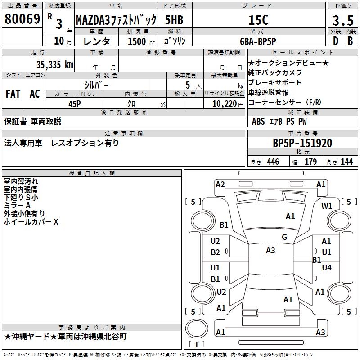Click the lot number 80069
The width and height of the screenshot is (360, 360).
coord(22,19)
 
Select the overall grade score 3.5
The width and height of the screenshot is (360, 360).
coord(342,20)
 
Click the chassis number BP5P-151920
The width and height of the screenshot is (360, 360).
coord(302,143)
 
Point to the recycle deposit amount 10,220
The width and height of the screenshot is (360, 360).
coord(224,104)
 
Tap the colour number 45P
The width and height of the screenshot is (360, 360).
coord(75,104)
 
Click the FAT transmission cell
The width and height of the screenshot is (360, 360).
coord(13,94)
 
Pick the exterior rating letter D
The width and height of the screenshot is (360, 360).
coord(335,41)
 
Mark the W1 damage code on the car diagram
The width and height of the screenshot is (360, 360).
coord(327,206)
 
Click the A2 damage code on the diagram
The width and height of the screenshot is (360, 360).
coord(220,184)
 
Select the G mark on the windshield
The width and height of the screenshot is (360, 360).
coord(284,237)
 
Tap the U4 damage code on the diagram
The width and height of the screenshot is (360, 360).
coord(327,268)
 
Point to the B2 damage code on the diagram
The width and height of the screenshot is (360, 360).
coord(216,252)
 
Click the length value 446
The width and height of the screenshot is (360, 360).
coord(273,162)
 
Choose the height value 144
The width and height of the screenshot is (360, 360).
coord(346,162)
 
